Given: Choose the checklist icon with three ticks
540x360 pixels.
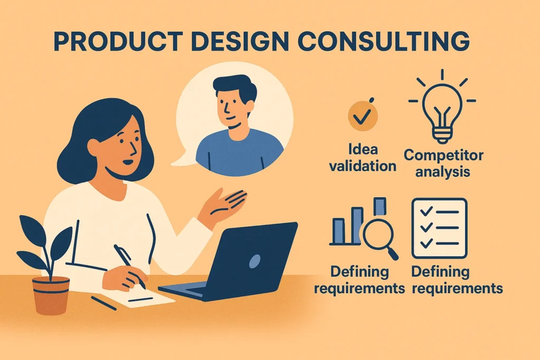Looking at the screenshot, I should coord(439,228).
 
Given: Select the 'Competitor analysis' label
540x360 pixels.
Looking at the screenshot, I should coord(443,163).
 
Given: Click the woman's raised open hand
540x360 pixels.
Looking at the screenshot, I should coord(224,203).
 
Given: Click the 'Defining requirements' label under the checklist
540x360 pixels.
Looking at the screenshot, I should coord(457,280).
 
